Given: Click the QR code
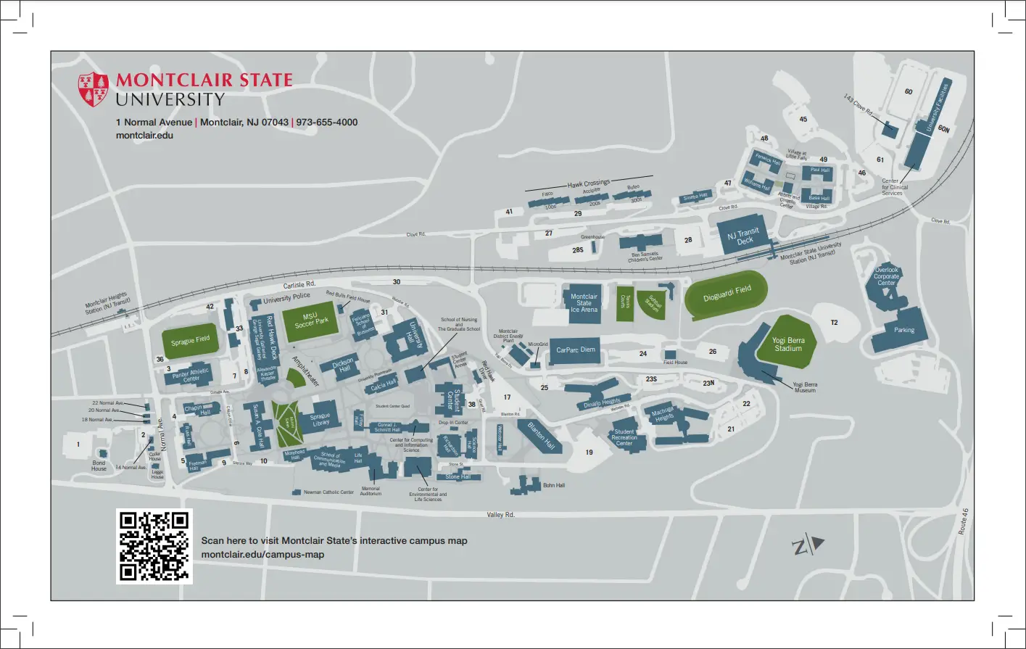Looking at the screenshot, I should [x=154, y=546].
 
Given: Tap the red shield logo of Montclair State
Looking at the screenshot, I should [x=94, y=89].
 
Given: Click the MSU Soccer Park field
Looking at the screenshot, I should [x=311, y=321].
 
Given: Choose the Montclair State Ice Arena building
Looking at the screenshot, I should [x=584, y=303].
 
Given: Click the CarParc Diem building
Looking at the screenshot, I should [x=576, y=350].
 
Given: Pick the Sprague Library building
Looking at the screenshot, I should [x=320, y=421].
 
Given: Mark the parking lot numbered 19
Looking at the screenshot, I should [x=589, y=452].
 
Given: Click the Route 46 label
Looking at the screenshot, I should [x=963, y=521].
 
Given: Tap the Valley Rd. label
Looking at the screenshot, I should [x=500, y=515].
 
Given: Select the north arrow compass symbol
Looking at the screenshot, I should [x=808, y=545].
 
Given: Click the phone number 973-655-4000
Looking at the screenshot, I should [x=327, y=122].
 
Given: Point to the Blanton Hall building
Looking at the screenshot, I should [x=540, y=434].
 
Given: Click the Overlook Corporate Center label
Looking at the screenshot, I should [x=886, y=276].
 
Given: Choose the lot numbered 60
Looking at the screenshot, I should [x=909, y=92].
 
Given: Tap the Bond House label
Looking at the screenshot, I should [x=99, y=466].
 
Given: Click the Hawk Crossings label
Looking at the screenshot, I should [x=588, y=183].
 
